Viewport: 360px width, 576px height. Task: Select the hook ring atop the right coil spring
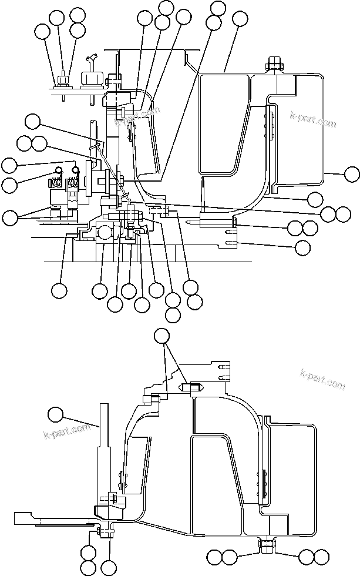[75, 170]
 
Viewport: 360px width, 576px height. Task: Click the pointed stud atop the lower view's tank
[196, 388]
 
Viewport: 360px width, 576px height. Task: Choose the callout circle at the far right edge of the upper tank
[351, 173]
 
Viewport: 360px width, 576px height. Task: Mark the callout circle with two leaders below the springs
[10, 217]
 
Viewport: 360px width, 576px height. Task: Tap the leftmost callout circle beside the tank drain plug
[215, 556]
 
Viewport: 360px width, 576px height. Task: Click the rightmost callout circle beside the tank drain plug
[321, 556]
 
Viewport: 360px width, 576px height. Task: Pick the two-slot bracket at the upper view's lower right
[231, 237]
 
